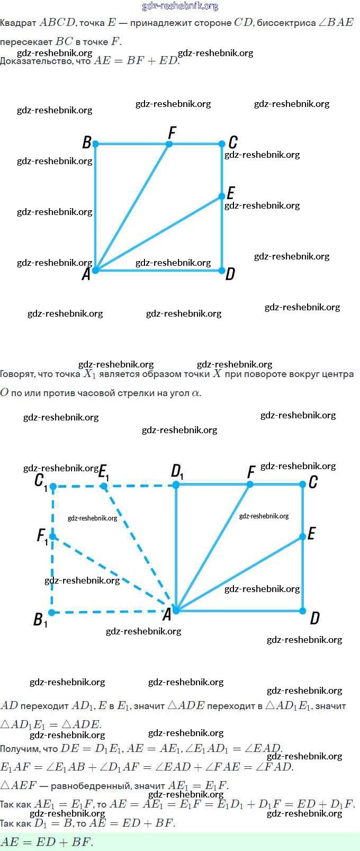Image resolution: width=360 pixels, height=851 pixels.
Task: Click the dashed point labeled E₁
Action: click(104, 486)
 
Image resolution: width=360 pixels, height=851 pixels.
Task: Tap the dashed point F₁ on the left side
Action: click(52, 537)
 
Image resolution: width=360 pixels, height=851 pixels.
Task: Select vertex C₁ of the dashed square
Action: click(53, 486)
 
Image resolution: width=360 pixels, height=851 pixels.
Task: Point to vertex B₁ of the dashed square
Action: click(52, 613)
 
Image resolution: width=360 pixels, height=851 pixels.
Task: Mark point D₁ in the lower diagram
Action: click(176, 484)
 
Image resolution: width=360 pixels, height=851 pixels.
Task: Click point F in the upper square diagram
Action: click(169, 144)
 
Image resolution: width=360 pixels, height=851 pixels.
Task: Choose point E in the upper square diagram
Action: click(222, 196)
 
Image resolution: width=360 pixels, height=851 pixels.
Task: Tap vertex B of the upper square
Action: click(95, 144)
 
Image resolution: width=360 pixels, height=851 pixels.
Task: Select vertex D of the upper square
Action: click(222, 271)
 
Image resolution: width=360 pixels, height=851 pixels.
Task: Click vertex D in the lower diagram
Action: click(303, 611)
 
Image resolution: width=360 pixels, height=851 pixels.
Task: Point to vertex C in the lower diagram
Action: click(303, 484)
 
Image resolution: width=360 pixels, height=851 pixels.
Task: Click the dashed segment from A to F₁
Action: click(114, 574)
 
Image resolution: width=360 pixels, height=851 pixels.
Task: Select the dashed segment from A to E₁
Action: click(140, 548)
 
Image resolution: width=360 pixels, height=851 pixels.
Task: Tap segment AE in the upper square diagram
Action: click(159, 234)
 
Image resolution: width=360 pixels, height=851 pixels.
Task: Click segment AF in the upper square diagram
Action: click(132, 207)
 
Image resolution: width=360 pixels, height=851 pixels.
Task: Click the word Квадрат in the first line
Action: click(18, 23)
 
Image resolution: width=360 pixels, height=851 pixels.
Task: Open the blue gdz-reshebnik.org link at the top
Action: click(180, 6)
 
